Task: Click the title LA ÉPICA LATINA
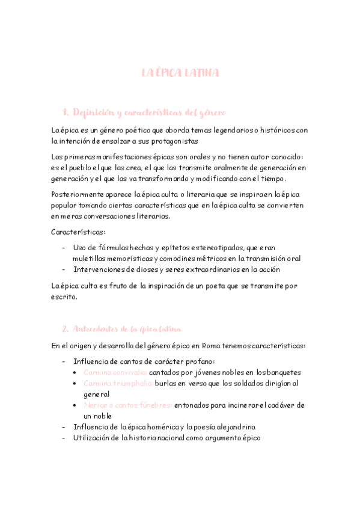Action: click(x=180, y=73)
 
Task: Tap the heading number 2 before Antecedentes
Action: click(x=65, y=329)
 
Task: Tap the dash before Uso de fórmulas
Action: click(x=64, y=248)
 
